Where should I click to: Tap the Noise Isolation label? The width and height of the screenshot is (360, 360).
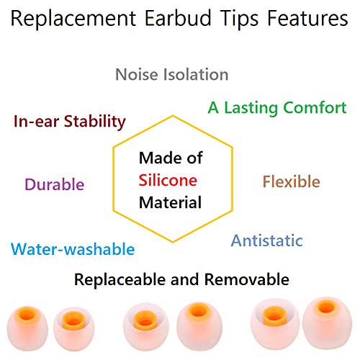tap(172, 74)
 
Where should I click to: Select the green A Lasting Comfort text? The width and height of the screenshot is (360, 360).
tap(277, 108)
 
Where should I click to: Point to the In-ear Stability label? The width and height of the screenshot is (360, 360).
tap(70, 121)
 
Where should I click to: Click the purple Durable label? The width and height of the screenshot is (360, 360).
tap(54, 184)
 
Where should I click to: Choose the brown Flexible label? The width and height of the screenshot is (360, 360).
tap(291, 181)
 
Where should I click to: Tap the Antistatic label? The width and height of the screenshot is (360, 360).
tap(266, 240)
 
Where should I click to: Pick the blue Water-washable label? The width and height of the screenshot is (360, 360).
tap(73, 250)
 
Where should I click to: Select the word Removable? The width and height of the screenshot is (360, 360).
tap(247, 279)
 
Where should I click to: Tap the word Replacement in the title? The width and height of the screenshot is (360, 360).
tap(78, 19)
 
